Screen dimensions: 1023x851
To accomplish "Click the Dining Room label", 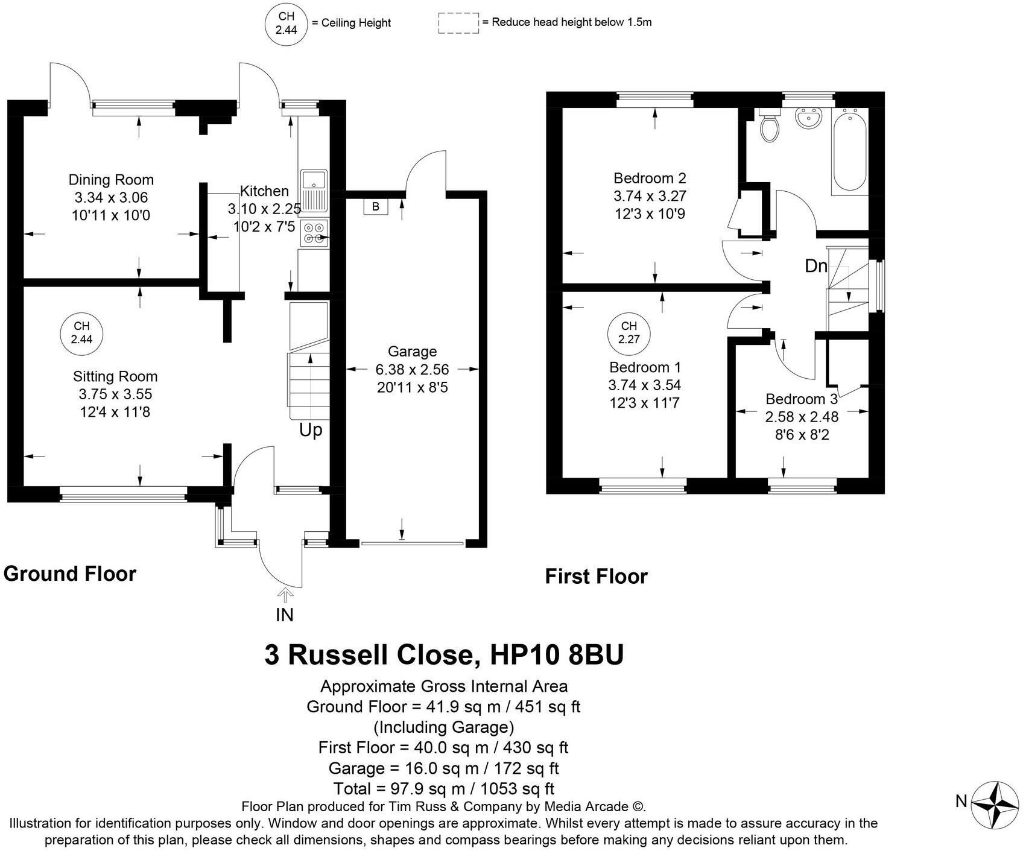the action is (x=111, y=180).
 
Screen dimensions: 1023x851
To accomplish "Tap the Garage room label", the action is (x=412, y=352).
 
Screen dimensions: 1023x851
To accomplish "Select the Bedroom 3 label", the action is (x=802, y=399).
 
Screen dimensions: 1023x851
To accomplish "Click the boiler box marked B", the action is (x=376, y=207).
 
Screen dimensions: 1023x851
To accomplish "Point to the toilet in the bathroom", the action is (x=769, y=125).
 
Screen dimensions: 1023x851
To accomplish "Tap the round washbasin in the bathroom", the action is (x=808, y=118).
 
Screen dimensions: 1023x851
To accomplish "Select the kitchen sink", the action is (x=314, y=191).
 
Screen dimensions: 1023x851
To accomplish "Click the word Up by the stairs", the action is (x=311, y=431).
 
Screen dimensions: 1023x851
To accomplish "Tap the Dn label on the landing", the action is (x=816, y=265).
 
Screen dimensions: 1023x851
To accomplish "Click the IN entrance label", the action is (x=285, y=615).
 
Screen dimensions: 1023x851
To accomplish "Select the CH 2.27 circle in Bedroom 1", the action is (x=629, y=333).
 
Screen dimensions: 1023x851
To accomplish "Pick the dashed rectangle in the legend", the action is (x=458, y=23).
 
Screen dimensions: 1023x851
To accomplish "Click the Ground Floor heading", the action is (x=70, y=574).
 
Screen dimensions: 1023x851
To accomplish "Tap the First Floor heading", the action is (x=597, y=577).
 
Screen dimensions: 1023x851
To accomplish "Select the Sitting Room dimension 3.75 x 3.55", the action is (x=115, y=394).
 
